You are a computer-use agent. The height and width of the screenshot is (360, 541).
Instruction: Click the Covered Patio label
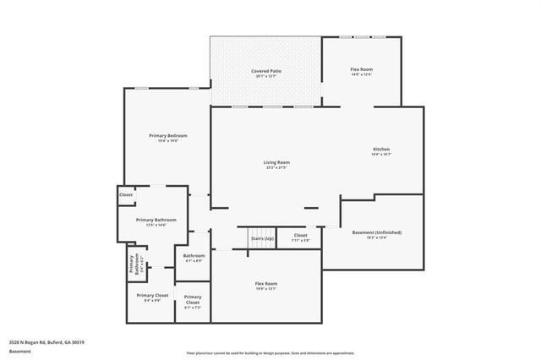tap(266, 70)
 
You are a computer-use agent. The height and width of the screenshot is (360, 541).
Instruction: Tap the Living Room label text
tap(276, 162)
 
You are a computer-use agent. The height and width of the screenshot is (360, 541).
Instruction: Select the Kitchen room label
tap(381, 150)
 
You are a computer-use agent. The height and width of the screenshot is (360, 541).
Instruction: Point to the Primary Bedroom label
tap(167, 135)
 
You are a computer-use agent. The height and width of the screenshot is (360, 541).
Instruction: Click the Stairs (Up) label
tap(262, 238)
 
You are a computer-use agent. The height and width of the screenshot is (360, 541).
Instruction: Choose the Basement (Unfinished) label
tap(376, 232)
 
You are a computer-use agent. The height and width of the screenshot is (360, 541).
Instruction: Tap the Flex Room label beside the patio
tap(361, 69)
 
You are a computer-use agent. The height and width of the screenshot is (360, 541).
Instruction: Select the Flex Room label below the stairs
tap(266, 283)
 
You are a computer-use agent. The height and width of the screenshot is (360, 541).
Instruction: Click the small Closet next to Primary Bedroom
tap(126, 194)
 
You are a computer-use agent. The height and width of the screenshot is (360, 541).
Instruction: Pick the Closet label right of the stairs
tap(300, 235)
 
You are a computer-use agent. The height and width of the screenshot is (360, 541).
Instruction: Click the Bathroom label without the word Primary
tap(194, 255)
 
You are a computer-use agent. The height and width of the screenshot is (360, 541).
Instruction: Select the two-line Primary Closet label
tap(193, 299)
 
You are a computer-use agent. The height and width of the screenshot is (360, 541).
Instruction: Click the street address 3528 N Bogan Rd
tap(46, 342)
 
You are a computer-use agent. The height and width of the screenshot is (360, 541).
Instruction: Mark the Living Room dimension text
tap(276, 167)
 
